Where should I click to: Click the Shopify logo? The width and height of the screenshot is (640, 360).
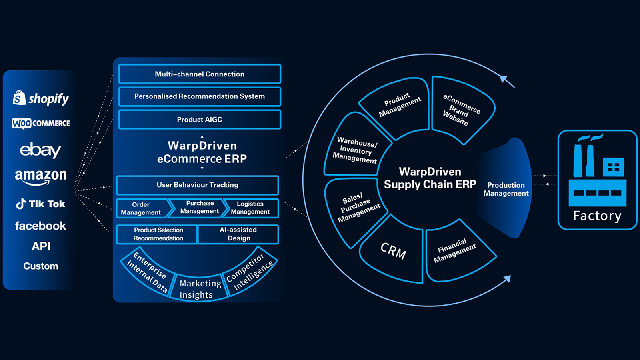coord(41,98)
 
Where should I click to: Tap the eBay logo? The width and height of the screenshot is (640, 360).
coord(40,150)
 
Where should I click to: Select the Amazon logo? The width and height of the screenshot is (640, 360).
coord(41,176)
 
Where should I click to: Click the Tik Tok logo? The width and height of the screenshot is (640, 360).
coord(40,204)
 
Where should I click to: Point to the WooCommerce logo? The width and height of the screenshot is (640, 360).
coord(41,123)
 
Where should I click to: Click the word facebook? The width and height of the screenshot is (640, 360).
coord(40,226)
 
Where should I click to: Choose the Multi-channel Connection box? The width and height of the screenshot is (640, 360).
coord(200,74)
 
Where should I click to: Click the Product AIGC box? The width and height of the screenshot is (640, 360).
coord(200,120)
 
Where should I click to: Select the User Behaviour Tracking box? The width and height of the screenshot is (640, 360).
coord(197,185)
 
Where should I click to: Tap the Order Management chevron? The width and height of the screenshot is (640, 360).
coord(142,208)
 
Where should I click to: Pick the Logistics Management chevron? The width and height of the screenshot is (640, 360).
coord(250,208)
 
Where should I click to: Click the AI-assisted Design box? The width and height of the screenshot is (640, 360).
coord(238,234)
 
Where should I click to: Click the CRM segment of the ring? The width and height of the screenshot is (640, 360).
coord(393,251)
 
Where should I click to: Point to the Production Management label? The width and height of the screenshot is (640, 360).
coord(506,189)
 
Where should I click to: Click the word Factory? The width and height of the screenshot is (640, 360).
coord(597,216)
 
